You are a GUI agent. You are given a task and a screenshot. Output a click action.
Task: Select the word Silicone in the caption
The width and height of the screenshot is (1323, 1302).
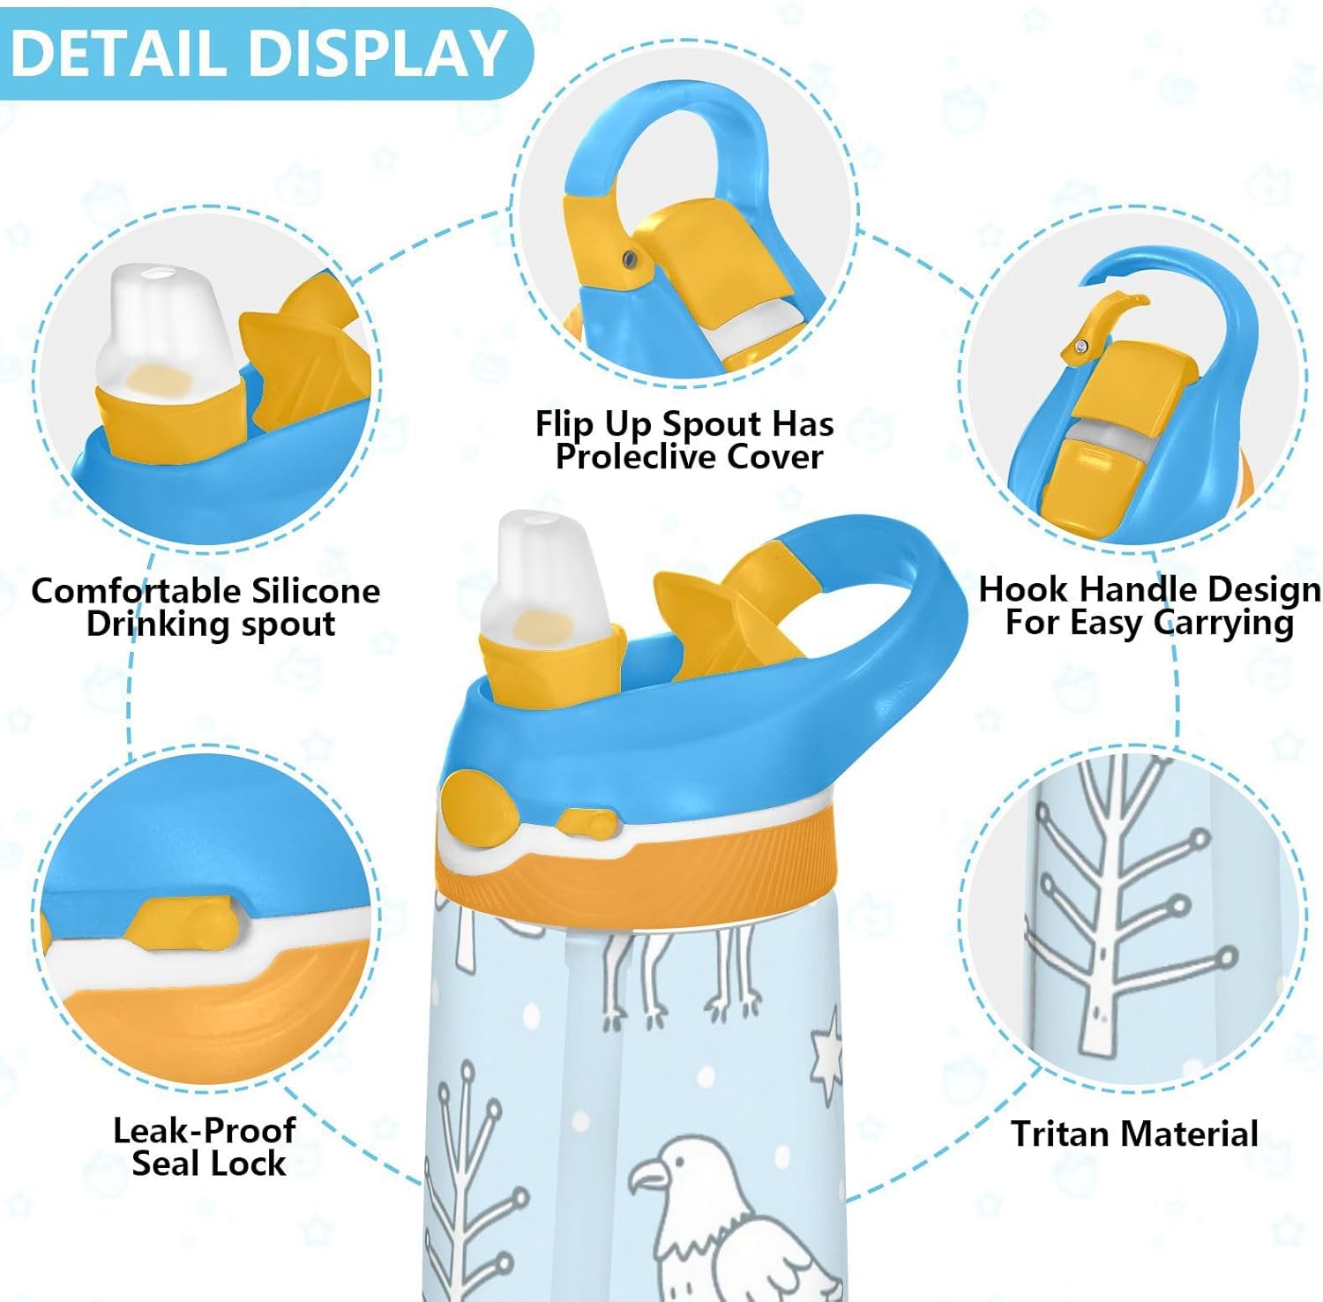(315, 590)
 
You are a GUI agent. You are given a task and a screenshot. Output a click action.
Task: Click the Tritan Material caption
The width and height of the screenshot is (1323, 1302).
(1134, 1134)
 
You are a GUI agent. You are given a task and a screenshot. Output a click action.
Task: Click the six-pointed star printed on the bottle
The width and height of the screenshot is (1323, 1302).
(826, 1055)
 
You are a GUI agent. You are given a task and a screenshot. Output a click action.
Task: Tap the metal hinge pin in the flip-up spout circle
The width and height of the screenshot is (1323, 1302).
(629, 258)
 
